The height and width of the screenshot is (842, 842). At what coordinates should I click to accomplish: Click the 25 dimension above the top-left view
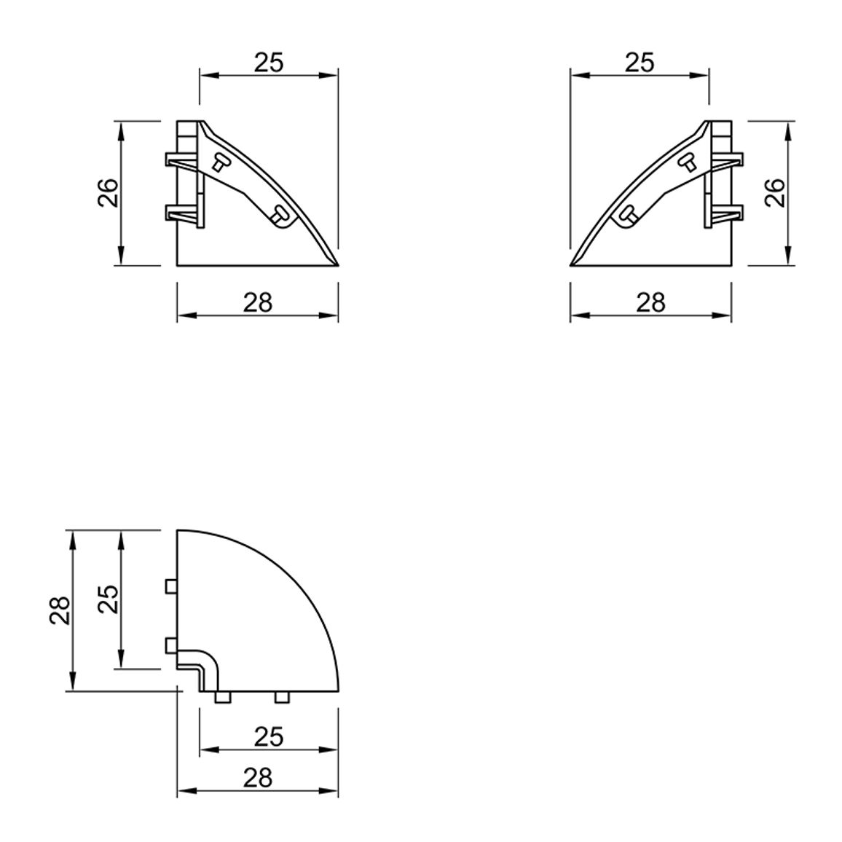tap(269, 63)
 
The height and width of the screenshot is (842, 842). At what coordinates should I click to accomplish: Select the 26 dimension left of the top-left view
tap(107, 192)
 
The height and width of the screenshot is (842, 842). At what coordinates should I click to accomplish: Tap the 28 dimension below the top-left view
tap(259, 303)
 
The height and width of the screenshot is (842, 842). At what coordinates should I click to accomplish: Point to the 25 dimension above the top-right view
tap(640, 63)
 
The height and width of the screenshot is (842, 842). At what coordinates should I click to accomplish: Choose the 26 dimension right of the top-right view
tap(776, 192)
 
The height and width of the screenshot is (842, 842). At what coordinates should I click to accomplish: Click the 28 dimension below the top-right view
tap(651, 303)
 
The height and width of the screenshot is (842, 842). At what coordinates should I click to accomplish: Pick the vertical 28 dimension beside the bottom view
tap(60, 610)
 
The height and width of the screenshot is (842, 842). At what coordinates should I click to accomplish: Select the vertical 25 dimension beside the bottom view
tap(108, 599)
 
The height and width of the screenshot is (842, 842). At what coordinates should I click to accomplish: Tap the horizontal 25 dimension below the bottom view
tap(269, 737)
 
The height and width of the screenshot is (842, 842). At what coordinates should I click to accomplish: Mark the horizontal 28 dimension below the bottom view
tap(259, 778)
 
